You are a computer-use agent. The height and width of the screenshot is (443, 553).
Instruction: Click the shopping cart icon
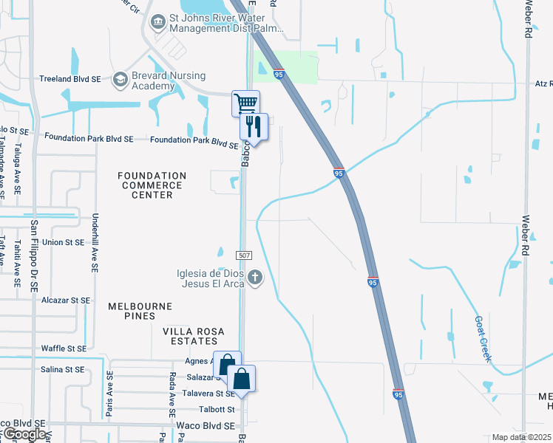245,102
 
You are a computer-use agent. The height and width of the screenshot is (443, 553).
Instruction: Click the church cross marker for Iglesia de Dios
255,278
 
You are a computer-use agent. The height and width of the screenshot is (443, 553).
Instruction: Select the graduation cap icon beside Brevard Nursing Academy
120,79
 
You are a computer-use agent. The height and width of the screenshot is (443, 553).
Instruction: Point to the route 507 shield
246,255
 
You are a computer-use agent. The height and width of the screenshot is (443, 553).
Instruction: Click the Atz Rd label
542,83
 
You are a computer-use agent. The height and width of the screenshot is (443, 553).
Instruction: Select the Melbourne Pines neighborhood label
140,311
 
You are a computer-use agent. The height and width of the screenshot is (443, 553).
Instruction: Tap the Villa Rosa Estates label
191,337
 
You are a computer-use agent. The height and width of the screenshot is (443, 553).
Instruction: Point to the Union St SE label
64,242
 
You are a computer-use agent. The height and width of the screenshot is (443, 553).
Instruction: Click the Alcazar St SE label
65,301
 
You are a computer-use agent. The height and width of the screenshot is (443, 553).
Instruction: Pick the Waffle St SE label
64,348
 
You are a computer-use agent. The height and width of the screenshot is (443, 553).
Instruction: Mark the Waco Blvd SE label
206,426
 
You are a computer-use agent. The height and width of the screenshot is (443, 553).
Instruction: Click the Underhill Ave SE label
95,236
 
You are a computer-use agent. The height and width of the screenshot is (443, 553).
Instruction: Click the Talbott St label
216,409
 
